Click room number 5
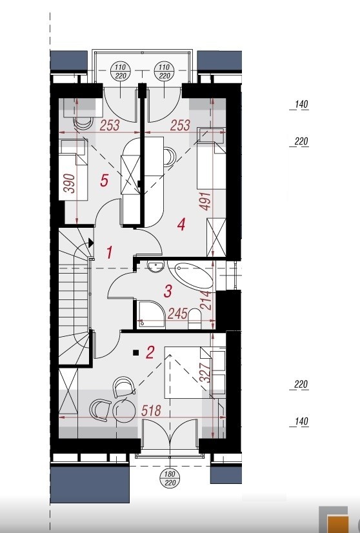(105, 180)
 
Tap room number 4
(181, 225)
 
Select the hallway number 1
(110, 253)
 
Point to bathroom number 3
(168, 291)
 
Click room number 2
(150, 352)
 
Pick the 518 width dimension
(151, 410)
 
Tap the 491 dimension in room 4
(206, 201)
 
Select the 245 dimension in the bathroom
(177, 314)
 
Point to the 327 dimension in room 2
(206, 372)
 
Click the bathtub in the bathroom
(190, 275)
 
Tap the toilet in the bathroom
(194, 319)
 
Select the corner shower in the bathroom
(151, 314)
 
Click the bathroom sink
(156, 266)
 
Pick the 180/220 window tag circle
(170, 478)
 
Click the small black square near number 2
(135, 353)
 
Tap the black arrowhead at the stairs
(91, 243)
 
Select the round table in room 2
(124, 410)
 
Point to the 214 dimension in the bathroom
(206, 300)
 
